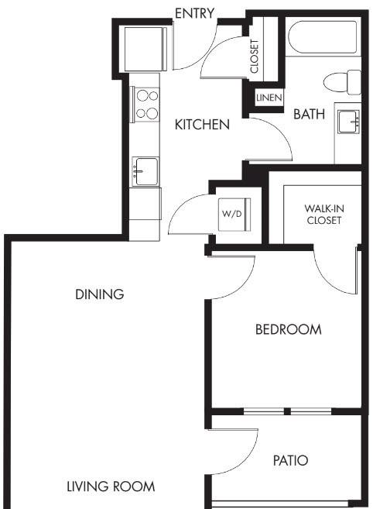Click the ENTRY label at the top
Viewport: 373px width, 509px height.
click(x=194, y=13)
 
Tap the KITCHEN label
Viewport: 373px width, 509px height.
click(x=202, y=125)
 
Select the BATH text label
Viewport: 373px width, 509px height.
click(x=309, y=114)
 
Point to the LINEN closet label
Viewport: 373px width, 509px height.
click(x=269, y=98)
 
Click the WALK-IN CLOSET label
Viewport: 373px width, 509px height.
click(x=324, y=215)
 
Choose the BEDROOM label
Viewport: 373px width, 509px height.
click(x=289, y=329)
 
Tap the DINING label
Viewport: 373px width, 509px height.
click(x=100, y=294)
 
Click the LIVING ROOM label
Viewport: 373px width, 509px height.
click(x=111, y=487)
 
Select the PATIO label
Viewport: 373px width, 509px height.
click(x=291, y=461)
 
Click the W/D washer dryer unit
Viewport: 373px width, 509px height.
click(x=234, y=215)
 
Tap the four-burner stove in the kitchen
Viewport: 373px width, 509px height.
click(x=146, y=105)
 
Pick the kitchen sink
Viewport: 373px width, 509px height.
click(x=145, y=172)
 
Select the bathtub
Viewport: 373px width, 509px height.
click(x=322, y=37)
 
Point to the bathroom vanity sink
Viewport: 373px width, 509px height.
click(x=349, y=122)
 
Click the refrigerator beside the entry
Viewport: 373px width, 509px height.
click(x=145, y=50)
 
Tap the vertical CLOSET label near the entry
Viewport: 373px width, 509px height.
click(x=255, y=56)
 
